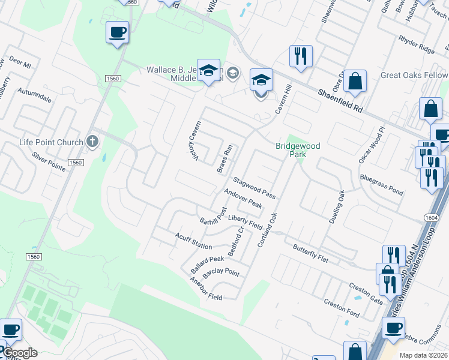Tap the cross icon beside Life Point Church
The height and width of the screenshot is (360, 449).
[x=92, y=142]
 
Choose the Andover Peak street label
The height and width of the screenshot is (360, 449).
[x=243, y=199]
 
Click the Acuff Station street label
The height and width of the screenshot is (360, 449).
[x=193, y=241]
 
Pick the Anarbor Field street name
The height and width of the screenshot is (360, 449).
[x=206, y=289]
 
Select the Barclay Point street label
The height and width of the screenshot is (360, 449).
[x=221, y=274]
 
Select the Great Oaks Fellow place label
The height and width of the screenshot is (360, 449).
[x=414, y=76]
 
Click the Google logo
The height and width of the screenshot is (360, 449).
[x=20, y=353]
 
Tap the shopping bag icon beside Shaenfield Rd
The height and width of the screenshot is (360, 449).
[x=355, y=81]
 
